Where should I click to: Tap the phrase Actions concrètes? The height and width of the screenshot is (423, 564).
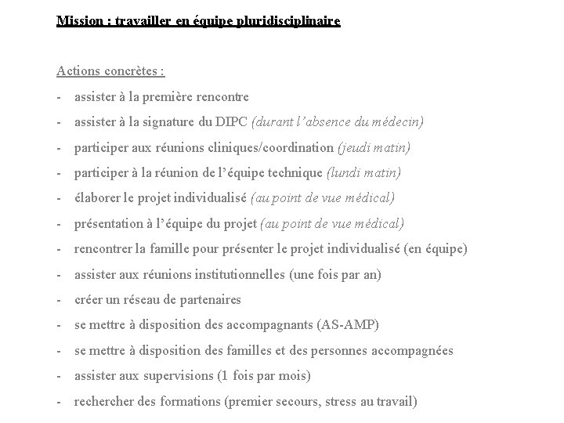[110, 71]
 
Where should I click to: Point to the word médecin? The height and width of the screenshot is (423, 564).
[399, 122]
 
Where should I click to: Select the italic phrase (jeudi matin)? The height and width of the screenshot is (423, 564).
[374, 147]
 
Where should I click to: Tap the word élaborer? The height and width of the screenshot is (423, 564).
[98, 198]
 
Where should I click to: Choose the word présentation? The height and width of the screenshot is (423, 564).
[110, 224]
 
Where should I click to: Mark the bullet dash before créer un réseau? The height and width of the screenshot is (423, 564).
[60, 300]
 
